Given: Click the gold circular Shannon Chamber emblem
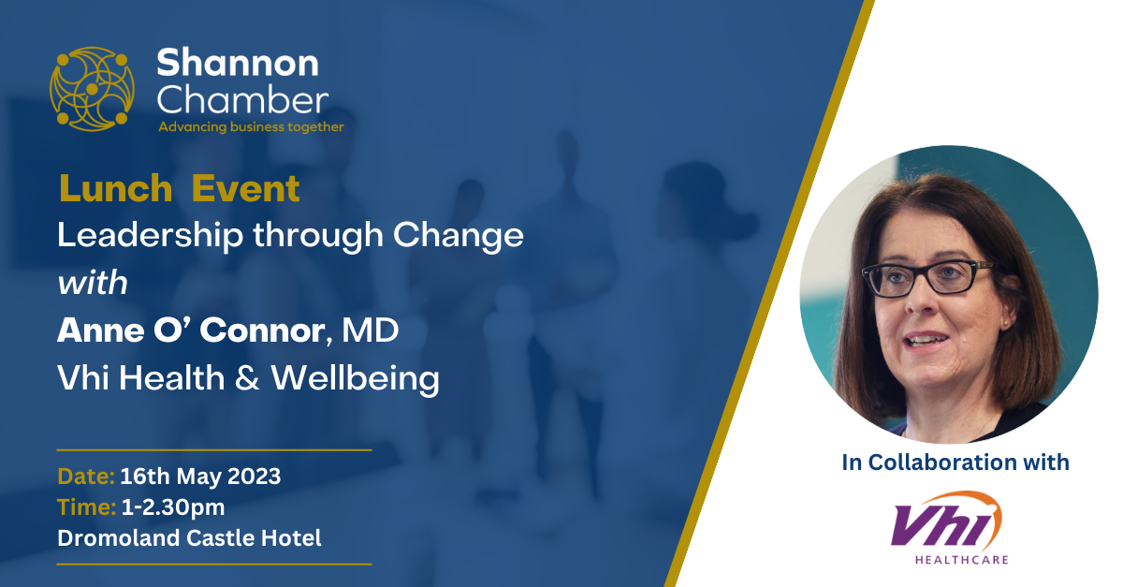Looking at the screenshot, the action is (x=92, y=89).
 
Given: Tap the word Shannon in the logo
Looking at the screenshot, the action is (x=238, y=64).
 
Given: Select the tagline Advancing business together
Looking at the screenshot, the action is (x=251, y=127).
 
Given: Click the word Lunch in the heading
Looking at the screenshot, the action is (x=116, y=188).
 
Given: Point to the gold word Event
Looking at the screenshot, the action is (x=245, y=188).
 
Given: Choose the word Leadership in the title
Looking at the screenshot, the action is (x=150, y=236).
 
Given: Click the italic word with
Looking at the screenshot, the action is (x=93, y=283).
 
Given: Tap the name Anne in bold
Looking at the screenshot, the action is (x=101, y=330).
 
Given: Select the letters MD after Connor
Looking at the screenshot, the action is (x=370, y=330).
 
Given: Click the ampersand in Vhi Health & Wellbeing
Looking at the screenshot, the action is (x=247, y=378).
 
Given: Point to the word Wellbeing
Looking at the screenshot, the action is (x=356, y=379).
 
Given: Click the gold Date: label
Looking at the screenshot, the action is (x=86, y=477).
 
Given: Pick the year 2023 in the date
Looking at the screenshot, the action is (x=255, y=477).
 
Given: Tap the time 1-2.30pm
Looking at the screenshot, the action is (x=173, y=507).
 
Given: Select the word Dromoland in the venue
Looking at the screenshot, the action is (x=119, y=538).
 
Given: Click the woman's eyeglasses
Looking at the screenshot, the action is (x=926, y=278).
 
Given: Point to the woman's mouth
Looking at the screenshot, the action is (x=926, y=341).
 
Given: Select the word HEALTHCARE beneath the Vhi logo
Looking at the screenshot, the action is (x=962, y=560).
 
